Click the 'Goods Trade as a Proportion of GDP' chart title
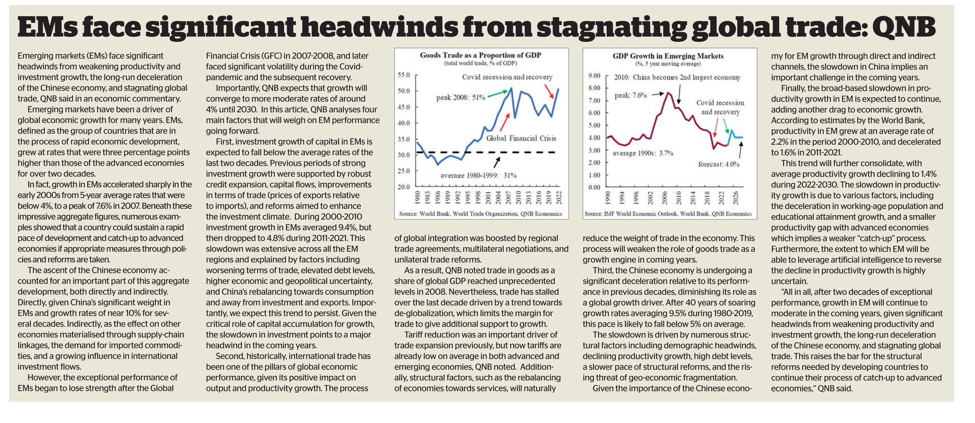(x=481, y=55)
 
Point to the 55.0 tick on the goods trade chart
(x=404, y=75)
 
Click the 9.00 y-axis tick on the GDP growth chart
(x=595, y=76)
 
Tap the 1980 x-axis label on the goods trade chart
(x=418, y=198)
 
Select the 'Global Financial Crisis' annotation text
(x=521, y=139)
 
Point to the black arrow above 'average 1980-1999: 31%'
(x=497, y=162)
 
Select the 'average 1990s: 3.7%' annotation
(x=643, y=153)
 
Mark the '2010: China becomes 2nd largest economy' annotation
(x=677, y=78)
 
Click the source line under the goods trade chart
(x=480, y=214)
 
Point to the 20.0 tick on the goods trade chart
(x=404, y=187)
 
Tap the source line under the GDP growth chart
(x=668, y=214)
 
